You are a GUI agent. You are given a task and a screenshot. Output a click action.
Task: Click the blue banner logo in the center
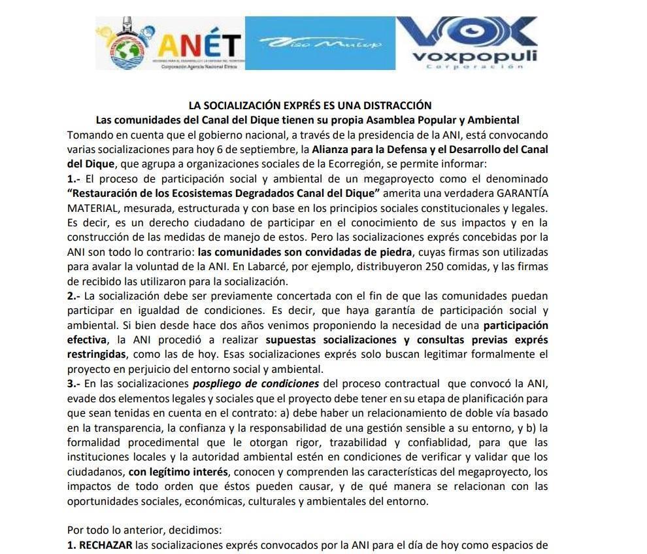click(x=320, y=43)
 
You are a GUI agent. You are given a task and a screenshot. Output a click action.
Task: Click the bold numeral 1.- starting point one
click(x=74, y=179)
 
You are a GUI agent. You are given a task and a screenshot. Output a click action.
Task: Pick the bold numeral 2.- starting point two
click(x=74, y=296)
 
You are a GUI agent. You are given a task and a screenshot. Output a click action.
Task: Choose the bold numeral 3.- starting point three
click(x=74, y=384)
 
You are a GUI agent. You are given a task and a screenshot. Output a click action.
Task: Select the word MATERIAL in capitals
click(x=91, y=208)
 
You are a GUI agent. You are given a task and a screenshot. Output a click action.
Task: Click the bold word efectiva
click(x=87, y=340)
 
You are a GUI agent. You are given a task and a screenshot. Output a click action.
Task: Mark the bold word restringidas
click(x=97, y=355)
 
